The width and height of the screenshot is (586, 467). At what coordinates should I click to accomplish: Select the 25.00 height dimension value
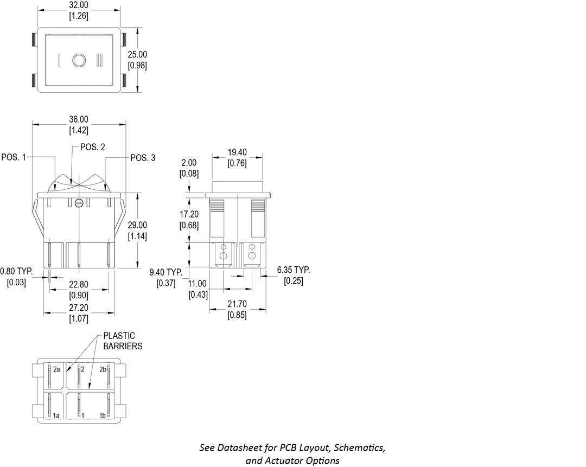click(137, 55)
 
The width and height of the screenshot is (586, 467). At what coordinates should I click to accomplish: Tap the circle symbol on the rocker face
click(79, 60)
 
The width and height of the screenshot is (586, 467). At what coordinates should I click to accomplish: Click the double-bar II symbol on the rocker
click(100, 60)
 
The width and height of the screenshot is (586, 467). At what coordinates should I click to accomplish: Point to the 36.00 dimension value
click(79, 119)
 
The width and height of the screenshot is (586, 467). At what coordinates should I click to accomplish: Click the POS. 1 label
click(14, 157)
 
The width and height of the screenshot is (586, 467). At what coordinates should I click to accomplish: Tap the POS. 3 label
click(143, 158)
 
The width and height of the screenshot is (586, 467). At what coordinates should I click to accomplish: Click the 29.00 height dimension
click(137, 225)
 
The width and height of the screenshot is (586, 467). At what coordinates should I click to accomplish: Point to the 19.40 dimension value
click(237, 153)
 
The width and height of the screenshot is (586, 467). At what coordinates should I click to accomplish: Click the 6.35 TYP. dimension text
click(294, 270)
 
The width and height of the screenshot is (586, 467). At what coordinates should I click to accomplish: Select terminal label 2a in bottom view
click(56, 369)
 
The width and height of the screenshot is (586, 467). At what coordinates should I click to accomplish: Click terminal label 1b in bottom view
click(102, 415)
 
